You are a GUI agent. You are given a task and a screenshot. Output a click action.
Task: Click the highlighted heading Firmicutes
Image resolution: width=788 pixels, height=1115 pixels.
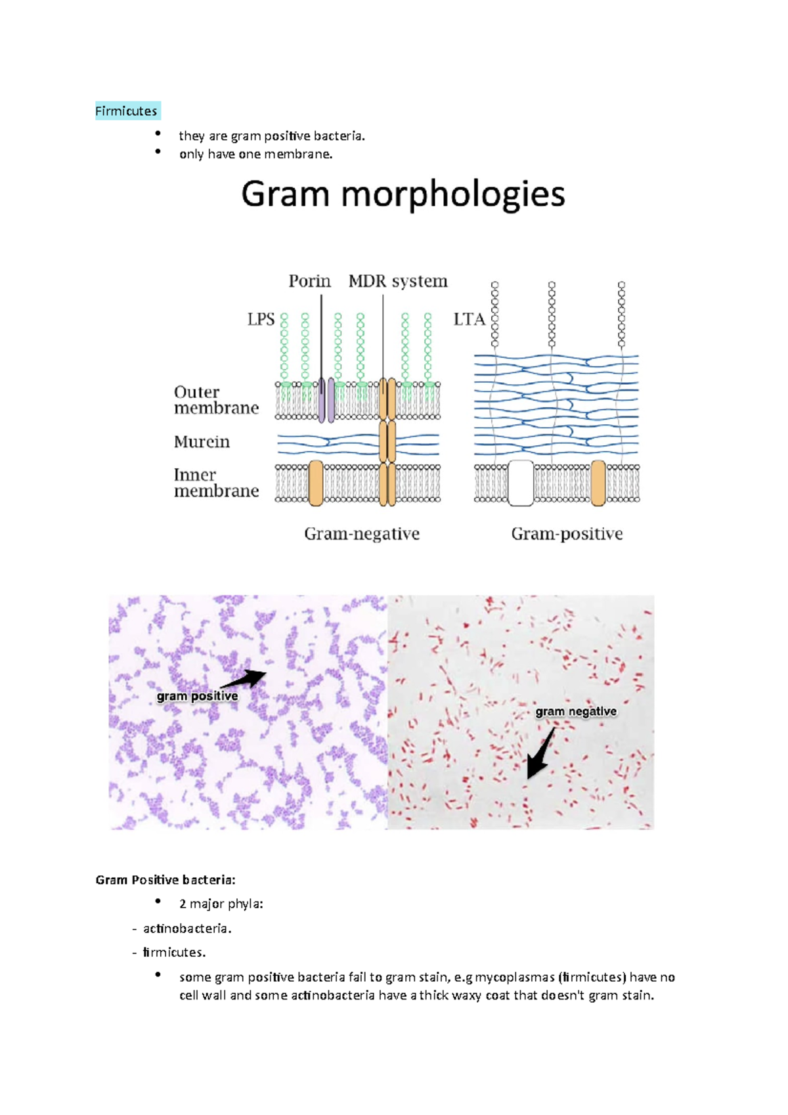pos(127,111)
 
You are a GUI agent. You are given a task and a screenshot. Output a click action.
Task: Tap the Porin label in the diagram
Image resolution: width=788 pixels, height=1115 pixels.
pos(309,281)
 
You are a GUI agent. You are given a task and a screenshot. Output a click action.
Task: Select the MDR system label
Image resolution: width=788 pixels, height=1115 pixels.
pos(398,281)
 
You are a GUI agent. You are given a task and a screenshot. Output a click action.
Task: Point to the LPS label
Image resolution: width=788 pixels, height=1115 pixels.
pos(261,320)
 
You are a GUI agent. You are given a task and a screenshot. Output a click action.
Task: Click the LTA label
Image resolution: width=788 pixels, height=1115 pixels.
pos(469,320)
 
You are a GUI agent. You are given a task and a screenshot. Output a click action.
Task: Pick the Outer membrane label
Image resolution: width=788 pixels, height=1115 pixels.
pos(216,400)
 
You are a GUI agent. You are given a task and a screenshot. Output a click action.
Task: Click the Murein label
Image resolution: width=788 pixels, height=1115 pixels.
pos(202,442)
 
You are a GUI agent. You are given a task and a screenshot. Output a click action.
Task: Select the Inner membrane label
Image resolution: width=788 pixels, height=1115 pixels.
pos(216,483)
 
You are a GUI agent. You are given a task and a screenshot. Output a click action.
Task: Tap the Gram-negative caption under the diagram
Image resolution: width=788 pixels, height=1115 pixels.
pos(362,534)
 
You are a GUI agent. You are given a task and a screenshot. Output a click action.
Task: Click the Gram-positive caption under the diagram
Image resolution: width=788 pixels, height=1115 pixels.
pos(567,534)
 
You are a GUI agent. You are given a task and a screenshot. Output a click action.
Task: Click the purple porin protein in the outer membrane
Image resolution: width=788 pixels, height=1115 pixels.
pos(326,400)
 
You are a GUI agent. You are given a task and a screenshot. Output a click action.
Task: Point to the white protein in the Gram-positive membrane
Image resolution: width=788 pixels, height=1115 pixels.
pos(521,483)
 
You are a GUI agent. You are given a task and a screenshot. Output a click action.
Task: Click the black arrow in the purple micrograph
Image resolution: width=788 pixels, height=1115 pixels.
pos(246,678)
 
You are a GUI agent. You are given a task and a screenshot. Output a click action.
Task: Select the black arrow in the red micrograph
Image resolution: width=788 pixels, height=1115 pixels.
pos(540,755)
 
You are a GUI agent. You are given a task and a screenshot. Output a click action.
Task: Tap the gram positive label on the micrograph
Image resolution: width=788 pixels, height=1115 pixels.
pos(197,696)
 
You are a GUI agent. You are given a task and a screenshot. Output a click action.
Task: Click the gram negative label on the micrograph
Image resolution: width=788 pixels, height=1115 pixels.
pos(576,711)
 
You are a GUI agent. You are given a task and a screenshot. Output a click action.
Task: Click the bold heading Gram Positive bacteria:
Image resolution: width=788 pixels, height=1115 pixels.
pos(165,880)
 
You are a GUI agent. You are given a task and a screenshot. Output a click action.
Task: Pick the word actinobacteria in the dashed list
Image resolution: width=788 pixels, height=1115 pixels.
pos(186,929)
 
